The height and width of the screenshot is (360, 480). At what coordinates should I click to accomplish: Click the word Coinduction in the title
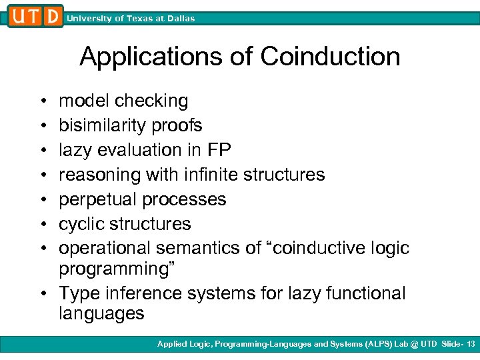[x=330, y=57]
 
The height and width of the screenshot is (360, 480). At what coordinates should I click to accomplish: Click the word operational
[x=105, y=249]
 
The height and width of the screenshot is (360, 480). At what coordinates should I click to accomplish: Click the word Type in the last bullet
[x=78, y=294]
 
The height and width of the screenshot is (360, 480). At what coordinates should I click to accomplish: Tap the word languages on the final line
[x=101, y=314]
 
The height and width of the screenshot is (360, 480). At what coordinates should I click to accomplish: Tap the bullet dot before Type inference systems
[x=43, y=294]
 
